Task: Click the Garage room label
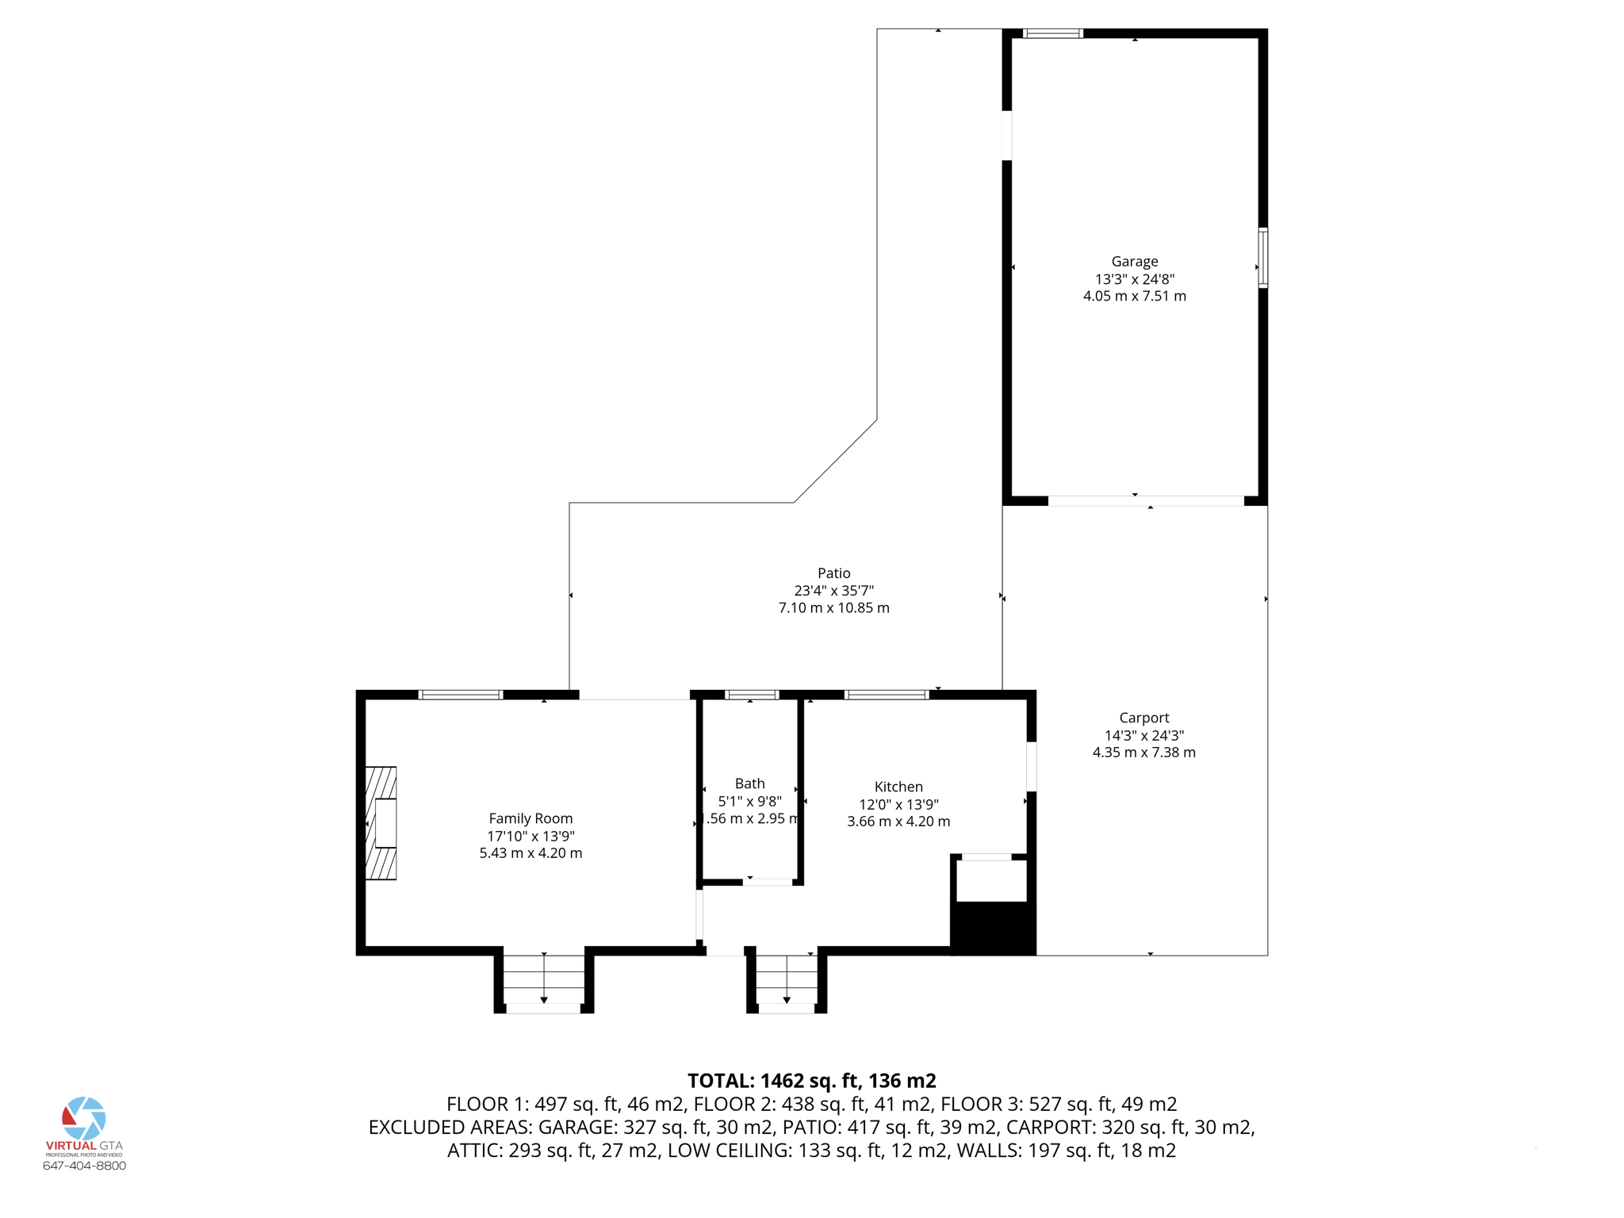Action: [1134, 262]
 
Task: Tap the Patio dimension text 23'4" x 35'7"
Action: [833, 591]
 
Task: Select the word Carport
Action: [1143, 718]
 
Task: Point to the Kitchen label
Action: [898, 787]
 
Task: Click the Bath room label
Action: [749, 783]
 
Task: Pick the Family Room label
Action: [530, 818]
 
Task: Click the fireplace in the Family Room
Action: [381, 823]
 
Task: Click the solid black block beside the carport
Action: [993, 929]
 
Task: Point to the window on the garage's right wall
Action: [1263, 258]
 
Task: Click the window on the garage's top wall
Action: [1053, 33]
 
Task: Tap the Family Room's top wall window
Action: [461, 695]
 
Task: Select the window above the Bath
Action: [752, 695]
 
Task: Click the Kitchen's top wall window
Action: [887, 695]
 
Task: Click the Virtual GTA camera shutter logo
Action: [84, 1118]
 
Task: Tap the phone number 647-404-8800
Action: [84, 1166]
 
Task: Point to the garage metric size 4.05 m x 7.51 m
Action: [1135, 297]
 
